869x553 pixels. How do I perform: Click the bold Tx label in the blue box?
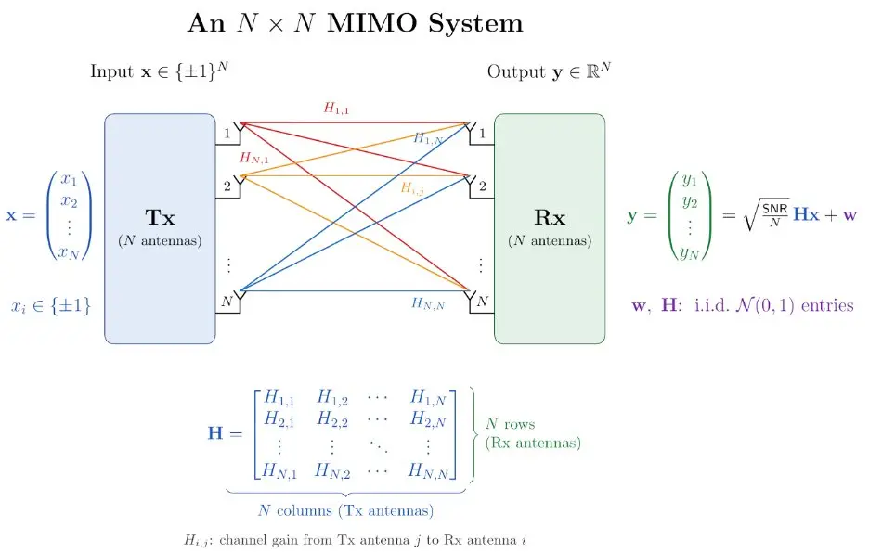click(x=161, y=217)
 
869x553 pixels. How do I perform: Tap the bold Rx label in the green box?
click(x=550, y=217)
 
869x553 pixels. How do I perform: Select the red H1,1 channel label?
click(x=336, y=108)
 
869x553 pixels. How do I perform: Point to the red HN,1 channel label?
click(x=253, y=158)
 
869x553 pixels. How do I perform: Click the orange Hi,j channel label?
click(x=412, y=188)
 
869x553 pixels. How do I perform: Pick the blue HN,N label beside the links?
click(x=428, y=303)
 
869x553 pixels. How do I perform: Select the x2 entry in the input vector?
click(x=70, y=201)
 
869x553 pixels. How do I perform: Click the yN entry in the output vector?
click(x=690, y=253)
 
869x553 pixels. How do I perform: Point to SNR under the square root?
click(x=775, y=209)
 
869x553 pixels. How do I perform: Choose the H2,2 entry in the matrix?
click(x=332, y=418)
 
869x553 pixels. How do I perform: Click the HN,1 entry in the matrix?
click(x=279, y=470)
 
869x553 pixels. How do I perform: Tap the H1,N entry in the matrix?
click(x=428, y=397)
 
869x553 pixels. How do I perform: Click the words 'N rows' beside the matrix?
click(x=510, y=424)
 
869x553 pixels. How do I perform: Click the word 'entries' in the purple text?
click(x=827, y=305)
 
